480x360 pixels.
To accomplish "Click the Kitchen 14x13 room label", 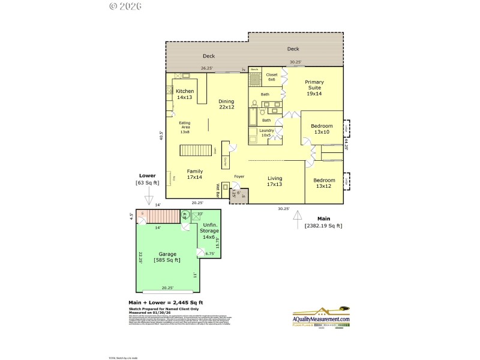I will (x=185, y=94).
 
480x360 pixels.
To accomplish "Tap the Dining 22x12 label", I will (x=226, y=104).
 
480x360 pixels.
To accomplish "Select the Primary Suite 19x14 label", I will (x=314, y=88).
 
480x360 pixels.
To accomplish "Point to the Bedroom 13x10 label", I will (x=322, y=129).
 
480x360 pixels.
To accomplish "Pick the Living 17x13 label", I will (x=275, y=181).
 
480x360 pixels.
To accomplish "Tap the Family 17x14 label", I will (x=194, y=174).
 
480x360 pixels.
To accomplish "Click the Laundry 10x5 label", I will (x=266, y=133).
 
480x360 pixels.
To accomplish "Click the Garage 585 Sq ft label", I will (x=167, y=257).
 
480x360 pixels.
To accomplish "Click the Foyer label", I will (x=239, y=176).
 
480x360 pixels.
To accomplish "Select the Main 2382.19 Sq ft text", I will (x=323, y=222).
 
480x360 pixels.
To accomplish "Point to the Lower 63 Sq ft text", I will (x=148, y=179).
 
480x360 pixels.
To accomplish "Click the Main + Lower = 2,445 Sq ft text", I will (x=166, y=302).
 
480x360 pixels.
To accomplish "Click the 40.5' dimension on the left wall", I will (x=161, y=136).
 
